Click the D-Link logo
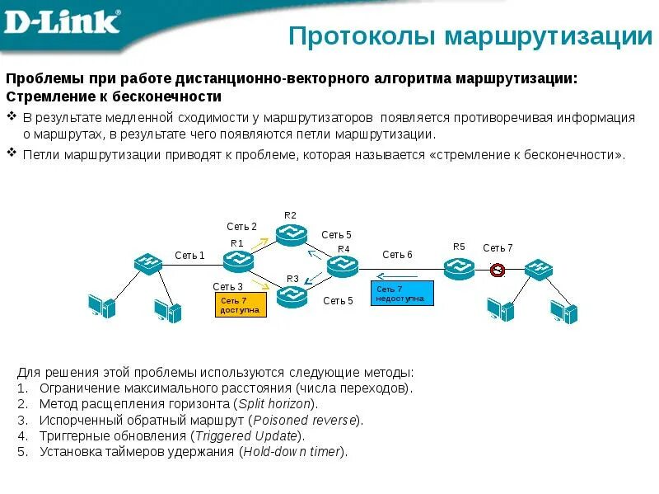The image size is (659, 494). (x=63, y=22)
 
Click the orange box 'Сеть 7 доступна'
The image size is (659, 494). (x=241, y=305)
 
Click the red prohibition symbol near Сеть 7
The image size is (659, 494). (x=497, y=269)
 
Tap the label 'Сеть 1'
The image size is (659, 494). (x=189, y=256)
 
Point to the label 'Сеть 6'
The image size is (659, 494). (x=397, y=255)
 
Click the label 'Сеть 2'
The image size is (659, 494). (x=241, y=227)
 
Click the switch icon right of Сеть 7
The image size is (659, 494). (x=538, y=269)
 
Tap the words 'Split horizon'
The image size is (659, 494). (x=274, y=404)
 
